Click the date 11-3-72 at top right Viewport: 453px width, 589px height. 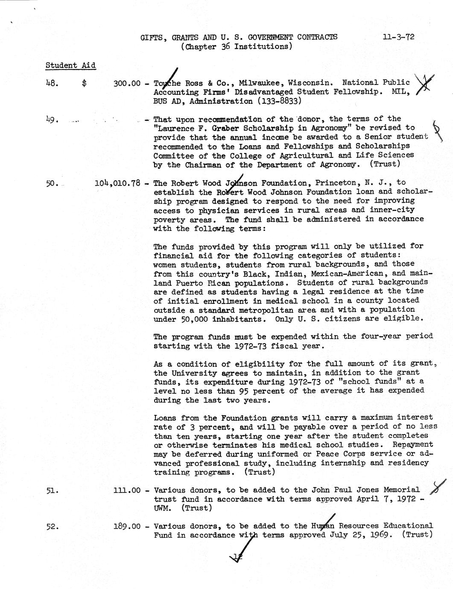(398, 37)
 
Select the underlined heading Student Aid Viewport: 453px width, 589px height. (70, 66)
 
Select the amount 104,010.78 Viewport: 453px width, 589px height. (117, 184)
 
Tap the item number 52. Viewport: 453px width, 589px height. (52, 526)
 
